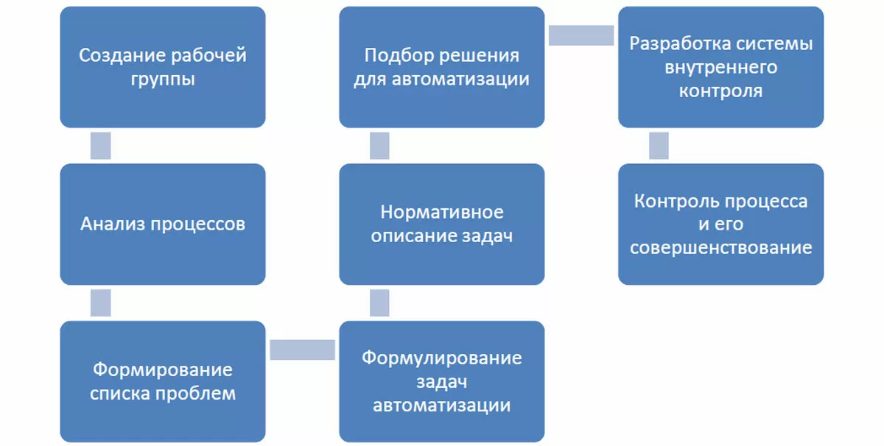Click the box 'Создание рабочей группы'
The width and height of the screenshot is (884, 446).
pyautogui.click(x=162, y=67)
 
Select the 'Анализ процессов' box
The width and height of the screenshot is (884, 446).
pyautogui.click(x=162, y=224)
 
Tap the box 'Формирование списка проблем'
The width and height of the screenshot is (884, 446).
pyautogui.click(x=162, y=380)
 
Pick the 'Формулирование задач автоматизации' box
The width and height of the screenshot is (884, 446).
pyautogui.click(x=442, y=380)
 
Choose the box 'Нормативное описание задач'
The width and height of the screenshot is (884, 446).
pyautogui.click(x=442, y=224)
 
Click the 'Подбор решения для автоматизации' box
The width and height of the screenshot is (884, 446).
pyautogui.click(x=442, y=67)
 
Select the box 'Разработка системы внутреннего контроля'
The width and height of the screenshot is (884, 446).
pyautogui.click(x=720, y=67)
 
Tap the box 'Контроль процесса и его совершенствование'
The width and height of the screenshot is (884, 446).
pyautogui.click(x=720, y=224)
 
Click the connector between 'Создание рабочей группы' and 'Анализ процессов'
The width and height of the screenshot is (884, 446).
pyautogui.click(x=100, y=146)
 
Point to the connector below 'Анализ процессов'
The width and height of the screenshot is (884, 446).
pyautogui.click(x=100, y=302)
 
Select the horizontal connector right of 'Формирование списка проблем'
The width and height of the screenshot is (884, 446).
pyautogui.click(x=302, y=350)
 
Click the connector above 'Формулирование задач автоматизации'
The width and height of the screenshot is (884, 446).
pyautogui.click(x=379, y=302)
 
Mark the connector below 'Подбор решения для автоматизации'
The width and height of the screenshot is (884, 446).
pyautogui.click(x=379, y=146)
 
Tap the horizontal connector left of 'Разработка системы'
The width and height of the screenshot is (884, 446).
pyautogui.click(x=581, y=35)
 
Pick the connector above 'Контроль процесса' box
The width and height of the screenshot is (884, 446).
pyautogui.click(x=659, y=146)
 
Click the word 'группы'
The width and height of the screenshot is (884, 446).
pyautogui.click(x=162, y=79)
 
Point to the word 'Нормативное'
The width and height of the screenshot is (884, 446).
pyautogui.click(x=442, y=212)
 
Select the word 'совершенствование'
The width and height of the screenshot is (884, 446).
pyautogui.click(x=720, y=247)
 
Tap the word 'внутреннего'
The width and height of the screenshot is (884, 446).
pyautogui.click(x=720, y=68)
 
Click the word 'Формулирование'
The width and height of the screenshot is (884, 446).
pyautogui.click(x=442, y=358)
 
